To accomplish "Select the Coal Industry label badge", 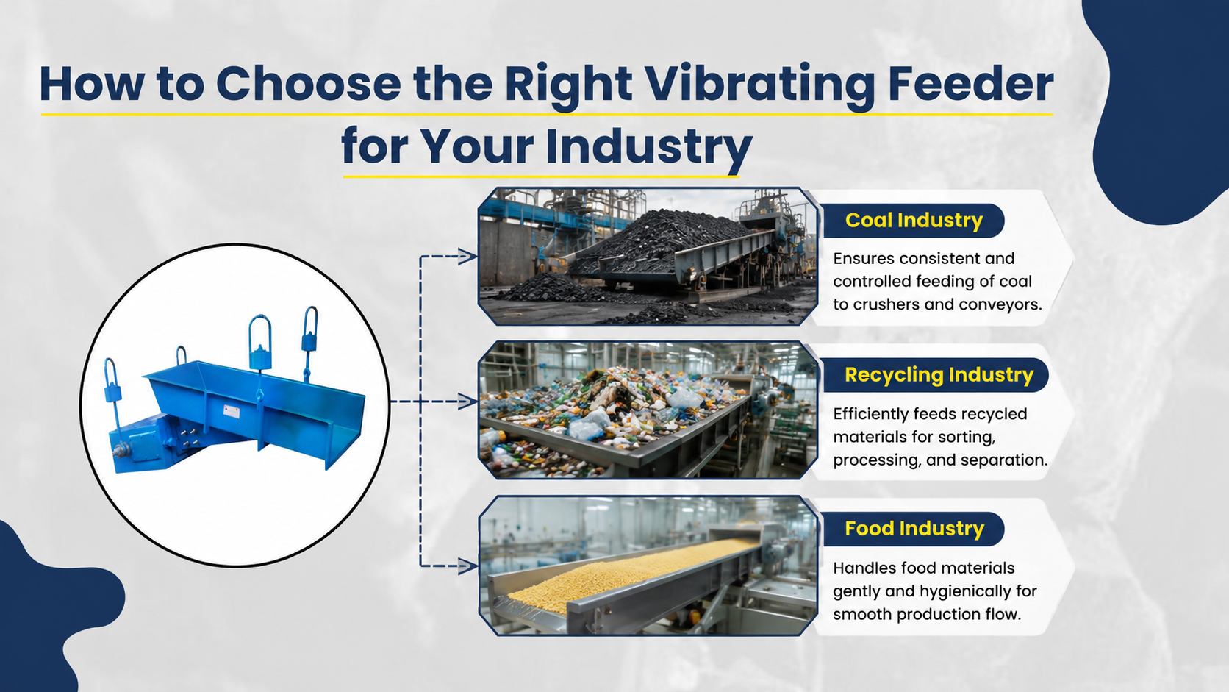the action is [914, 221].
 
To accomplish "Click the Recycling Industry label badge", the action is [936, 375].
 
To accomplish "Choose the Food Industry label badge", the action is [914, 529].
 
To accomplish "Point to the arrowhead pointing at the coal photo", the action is [467, 256].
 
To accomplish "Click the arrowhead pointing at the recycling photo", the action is [467, 401].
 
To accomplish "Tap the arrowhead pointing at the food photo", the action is [467, 566].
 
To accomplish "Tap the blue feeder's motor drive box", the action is [140, 444].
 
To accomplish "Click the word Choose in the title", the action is [308, 84].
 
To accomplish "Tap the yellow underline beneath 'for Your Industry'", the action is [541, 176].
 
